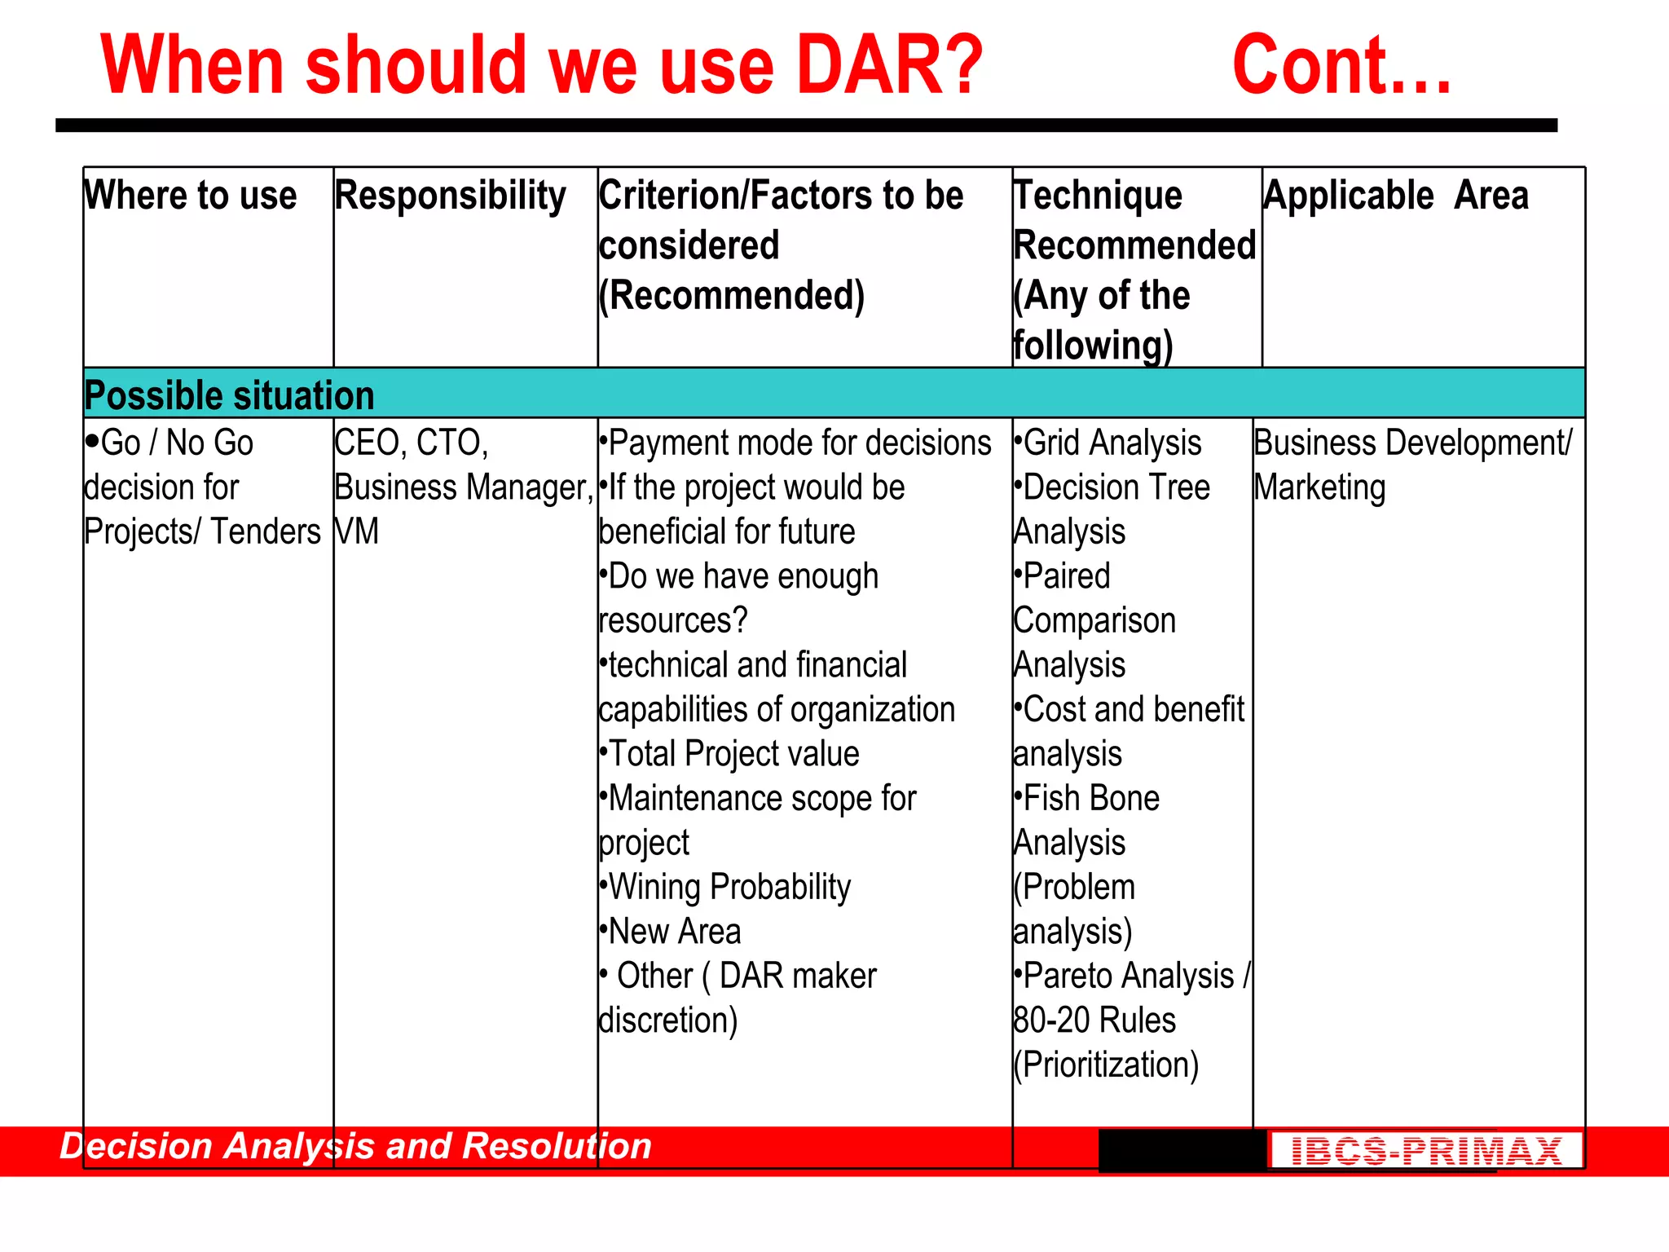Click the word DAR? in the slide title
click(x=890, y=65)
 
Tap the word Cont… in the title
click(x=1341, y=65)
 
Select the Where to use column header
click(x=191, y=196)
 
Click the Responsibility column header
click(x=450, y=196)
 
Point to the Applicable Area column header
click(x=1395, y=196)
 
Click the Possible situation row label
click(x=229, y=395)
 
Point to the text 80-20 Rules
click(x=1094, y=1021)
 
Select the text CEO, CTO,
click(x=412, y=443)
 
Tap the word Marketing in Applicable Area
click(x=1319, y=487)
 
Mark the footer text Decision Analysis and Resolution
click(x=356, y=1146)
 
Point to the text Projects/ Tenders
click(x=202, y=532)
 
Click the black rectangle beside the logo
click(x=1182, y=1150)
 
